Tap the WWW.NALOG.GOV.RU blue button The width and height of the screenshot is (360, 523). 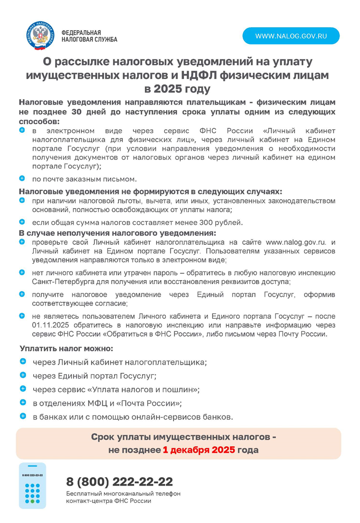coord(291,36)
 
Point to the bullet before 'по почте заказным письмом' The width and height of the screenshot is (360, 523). coord(22,178)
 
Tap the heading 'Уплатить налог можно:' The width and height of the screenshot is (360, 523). coord(66,348)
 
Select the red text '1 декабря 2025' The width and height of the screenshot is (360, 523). coord(199,450)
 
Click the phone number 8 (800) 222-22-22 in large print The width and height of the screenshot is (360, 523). coord(120,482)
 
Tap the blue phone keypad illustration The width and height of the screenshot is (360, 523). coord(33,486)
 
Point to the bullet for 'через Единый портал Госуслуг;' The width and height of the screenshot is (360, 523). coord(23,375)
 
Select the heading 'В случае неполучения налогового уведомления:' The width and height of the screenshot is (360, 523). coord(118,233)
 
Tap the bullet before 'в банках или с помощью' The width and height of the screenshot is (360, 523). coord(23,416)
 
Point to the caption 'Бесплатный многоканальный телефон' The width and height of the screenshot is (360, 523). coord(123,494)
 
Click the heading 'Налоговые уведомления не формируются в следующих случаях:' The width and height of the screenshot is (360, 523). coord(150,192)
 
